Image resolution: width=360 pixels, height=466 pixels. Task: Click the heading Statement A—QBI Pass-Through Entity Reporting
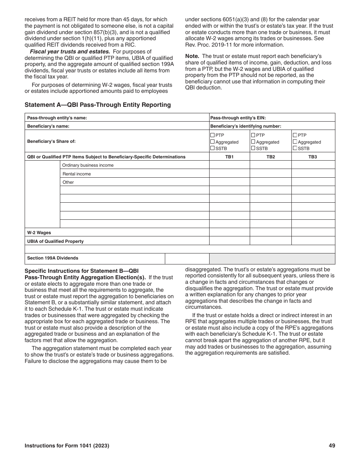tap(97, 105)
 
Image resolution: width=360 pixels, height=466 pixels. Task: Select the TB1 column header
tap(229, 157)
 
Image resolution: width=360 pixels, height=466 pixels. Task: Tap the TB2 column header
tap(271, 157)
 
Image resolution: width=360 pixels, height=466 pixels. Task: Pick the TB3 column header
tap(313, 157)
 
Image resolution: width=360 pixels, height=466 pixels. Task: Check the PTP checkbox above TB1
tap(213, 135)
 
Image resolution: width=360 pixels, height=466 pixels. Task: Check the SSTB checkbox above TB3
tap(295, 148)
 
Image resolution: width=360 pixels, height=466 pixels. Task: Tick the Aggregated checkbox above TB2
tap(254, 142)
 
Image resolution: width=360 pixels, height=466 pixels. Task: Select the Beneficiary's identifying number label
tap(246, 126)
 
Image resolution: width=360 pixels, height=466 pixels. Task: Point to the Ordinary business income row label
tap(88, 165)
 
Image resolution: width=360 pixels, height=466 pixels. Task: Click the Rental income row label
tap(77, 174)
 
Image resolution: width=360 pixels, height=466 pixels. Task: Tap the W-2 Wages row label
tap(39, 233)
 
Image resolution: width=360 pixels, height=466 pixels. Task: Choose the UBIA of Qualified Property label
tap(55, 241)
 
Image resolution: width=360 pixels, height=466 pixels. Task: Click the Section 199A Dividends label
tap(53, 258)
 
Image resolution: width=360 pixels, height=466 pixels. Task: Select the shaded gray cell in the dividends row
tap(272, 259)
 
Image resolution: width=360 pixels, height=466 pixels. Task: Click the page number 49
tap(332, 446)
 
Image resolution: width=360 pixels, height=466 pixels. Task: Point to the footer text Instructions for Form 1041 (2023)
tap(67, 446)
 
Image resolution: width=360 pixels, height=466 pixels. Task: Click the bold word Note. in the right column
tap(192, 56)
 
